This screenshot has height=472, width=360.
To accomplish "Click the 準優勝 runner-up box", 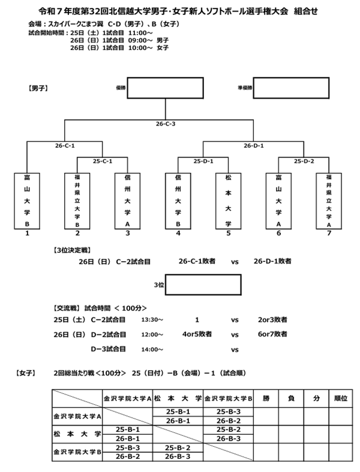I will pos(288,88).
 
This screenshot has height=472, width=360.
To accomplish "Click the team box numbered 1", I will pos(27,201).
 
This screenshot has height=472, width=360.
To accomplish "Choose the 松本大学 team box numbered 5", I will pos(229,201).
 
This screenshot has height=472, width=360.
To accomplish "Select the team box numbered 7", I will pos(329,201).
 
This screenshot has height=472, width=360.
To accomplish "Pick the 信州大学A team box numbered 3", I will pos(128,201).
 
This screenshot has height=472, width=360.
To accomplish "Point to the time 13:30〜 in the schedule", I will pos(152,320).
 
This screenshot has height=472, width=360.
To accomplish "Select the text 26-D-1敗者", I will pos(272,261).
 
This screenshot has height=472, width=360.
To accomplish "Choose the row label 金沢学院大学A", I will pos(77,416).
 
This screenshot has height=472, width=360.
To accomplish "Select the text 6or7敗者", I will pos(272,333).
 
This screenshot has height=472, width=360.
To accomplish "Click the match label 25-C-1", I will pos(103,161).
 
